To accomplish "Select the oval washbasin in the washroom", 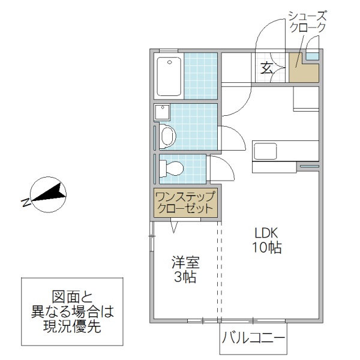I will (167, 136).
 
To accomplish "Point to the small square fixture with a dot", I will (162, 112).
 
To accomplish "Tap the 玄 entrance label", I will (267, 68).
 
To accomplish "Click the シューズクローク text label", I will (307, 22).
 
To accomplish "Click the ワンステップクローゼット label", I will (184, 203).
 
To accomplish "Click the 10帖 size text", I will (267, 247).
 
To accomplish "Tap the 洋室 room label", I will (185, 263).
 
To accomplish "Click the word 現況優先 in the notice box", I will (75, 328).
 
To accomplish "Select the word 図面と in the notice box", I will (75, 297).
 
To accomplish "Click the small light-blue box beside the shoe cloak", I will (312, 56).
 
